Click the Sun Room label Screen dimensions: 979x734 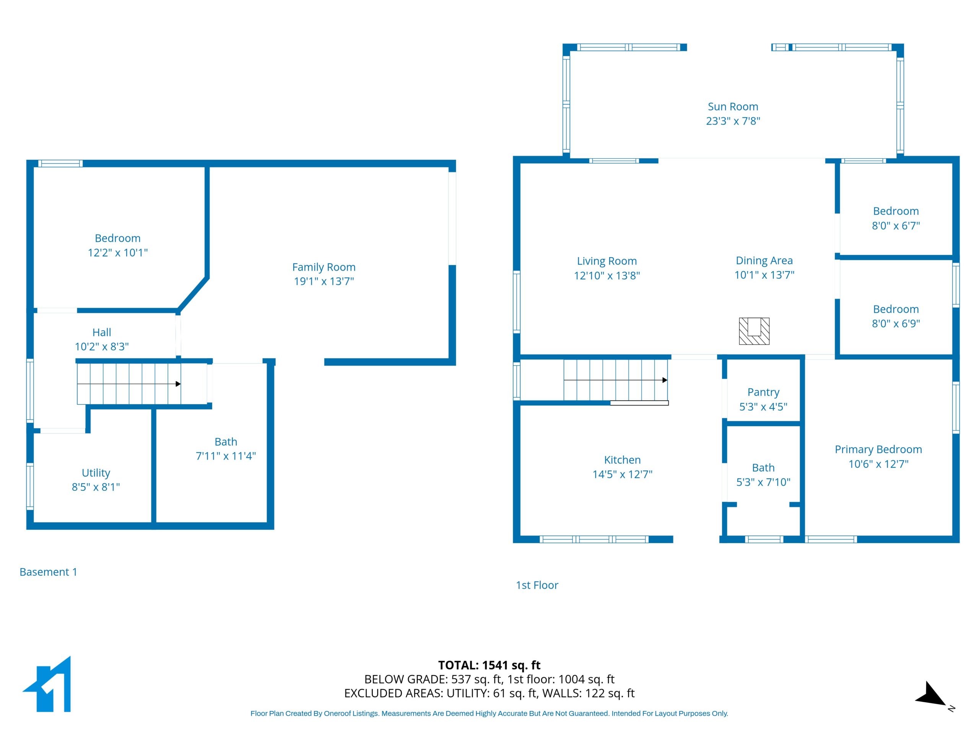(733, 107)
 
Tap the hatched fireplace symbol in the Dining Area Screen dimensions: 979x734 (754, 331)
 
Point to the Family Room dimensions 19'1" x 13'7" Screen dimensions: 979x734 (324, 281)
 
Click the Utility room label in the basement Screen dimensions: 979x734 (96, 473)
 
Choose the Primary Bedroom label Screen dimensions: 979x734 (878, 450)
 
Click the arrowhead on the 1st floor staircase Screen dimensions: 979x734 (665, 380)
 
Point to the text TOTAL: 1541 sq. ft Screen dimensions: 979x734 (489, 666)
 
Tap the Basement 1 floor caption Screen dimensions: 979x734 (48, 572)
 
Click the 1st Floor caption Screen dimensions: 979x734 (537, 585)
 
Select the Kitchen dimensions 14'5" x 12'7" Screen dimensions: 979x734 (622, 474)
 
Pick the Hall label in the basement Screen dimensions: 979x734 (102, 332)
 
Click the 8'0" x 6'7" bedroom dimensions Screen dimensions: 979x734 (896, 226)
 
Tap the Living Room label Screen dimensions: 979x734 (607, 261)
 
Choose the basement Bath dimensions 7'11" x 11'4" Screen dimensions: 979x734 (226, 456)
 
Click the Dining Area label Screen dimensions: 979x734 (764, 261)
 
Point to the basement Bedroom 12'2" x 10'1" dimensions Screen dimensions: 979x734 (118, 253)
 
